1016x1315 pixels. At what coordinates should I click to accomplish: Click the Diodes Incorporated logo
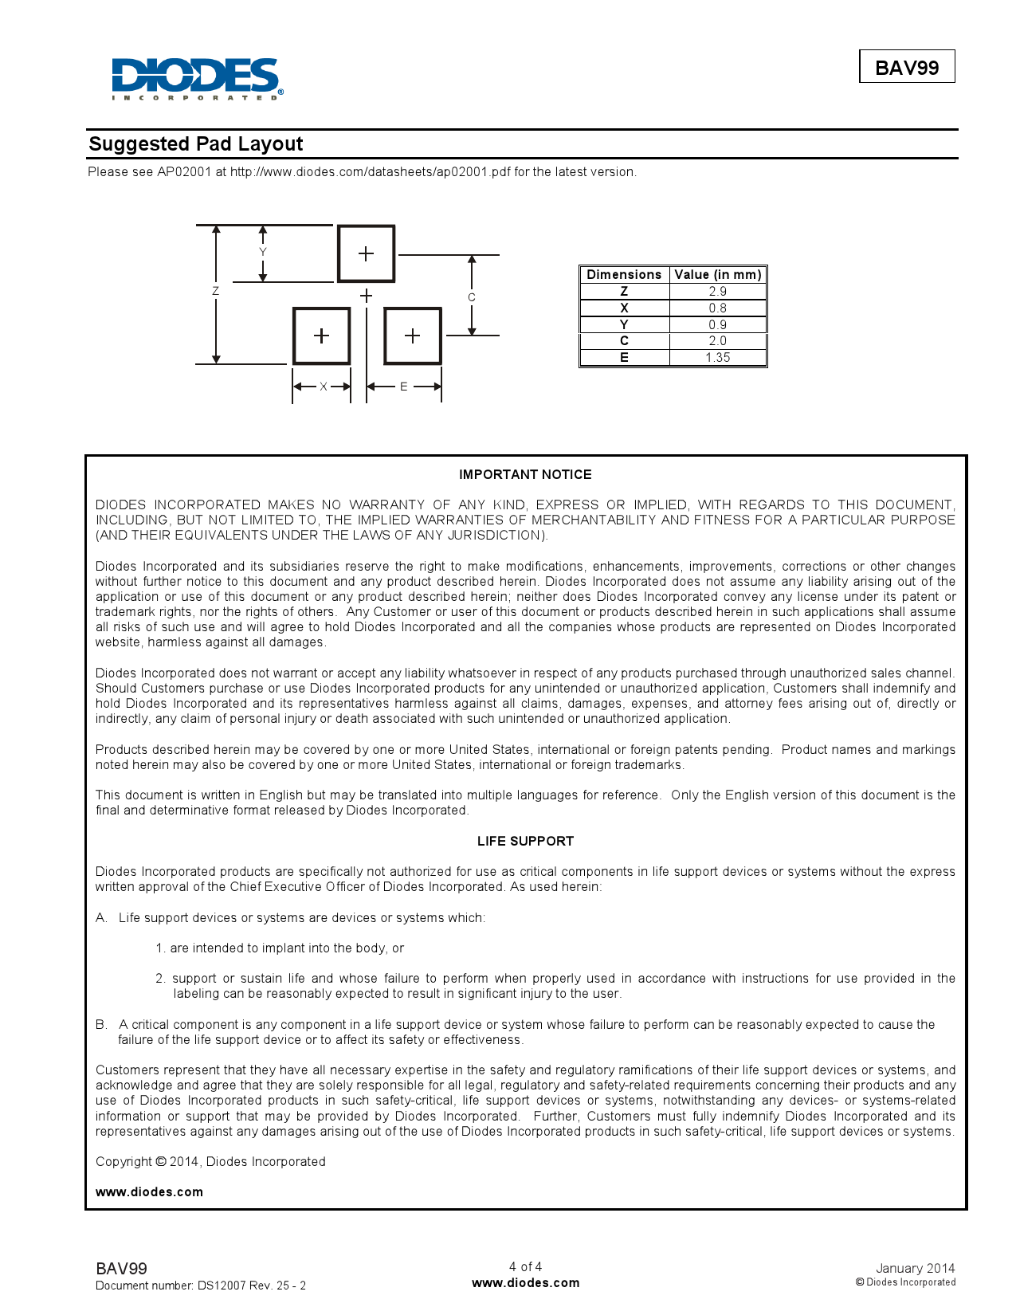click(x=196, y=78)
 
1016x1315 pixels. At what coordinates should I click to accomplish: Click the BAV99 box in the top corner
click(x=907, y=68)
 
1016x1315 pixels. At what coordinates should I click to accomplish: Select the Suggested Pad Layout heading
click(x=196, y=144)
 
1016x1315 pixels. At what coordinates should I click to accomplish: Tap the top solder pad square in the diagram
click(x=366, y=253)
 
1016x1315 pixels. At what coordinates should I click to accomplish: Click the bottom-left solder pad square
click(x=321, y=336)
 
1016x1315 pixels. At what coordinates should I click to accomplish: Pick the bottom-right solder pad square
click(x=412, y=336)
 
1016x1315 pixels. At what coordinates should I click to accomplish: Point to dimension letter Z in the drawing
click(x=215, y=292)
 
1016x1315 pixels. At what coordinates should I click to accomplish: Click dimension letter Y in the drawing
click(x=263, y=252)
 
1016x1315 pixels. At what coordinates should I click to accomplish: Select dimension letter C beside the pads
click(x=472, y=297)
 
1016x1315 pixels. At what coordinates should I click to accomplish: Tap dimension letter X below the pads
click(x=324, y=387)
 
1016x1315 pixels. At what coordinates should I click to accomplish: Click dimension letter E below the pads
click(x=404, y=387)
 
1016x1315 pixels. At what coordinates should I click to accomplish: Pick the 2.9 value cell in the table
click(x=717, y=292)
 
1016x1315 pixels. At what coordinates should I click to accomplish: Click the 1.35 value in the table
click(x=717, y=358)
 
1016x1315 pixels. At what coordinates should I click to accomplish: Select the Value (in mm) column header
click(x=717, y=275)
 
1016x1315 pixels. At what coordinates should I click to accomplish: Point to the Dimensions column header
click(x=624, y=275)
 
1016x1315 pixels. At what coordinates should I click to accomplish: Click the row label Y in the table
click(x=624, y=324)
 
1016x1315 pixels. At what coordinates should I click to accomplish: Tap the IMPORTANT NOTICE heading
click(x=525, y=475)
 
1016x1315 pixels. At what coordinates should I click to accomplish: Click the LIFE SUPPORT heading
click(x=525, y=842)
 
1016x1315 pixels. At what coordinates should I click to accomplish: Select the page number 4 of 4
click(x=525, y=1266)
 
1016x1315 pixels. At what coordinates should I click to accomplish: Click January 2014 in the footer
click(x=915, y=1268)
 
